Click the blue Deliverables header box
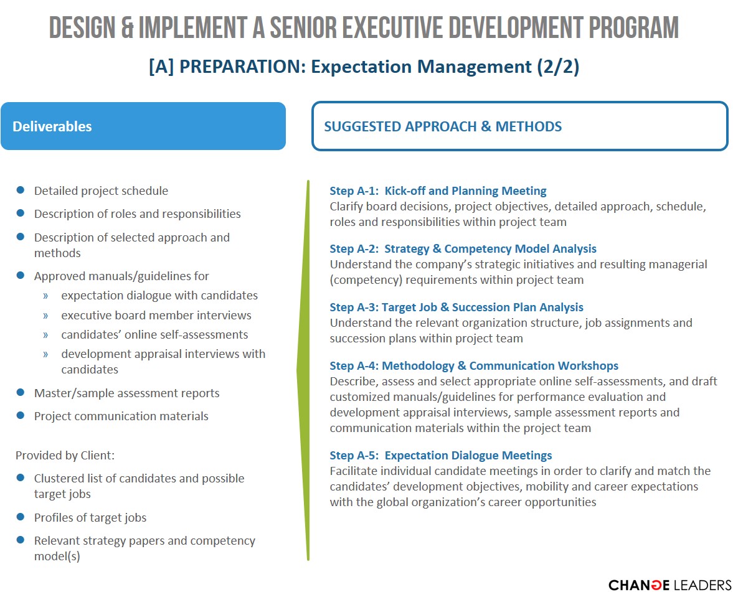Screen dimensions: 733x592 click(x=143, y=126)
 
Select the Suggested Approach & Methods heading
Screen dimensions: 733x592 click(x=443, y=126)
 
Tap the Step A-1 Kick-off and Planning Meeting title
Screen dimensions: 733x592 click(x=438, y=190)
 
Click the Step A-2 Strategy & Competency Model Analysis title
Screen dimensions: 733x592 click(x=463, y=248)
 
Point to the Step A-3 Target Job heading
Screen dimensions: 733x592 click(x=456, y=307)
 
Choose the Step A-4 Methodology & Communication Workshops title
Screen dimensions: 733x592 click(x=474, y=365)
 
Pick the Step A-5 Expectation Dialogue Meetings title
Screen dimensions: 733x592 click(x=441, y=455)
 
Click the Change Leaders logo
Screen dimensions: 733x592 click(x=669, y=585)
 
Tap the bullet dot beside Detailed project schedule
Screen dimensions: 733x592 click(x=20, y=190)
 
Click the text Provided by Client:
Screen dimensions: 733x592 click(x=65, y=456)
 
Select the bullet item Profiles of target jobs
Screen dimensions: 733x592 click(x=90, y=518)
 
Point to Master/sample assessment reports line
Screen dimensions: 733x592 click(x=126, y=393)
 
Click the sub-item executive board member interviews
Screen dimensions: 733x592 click(x=156, y=316)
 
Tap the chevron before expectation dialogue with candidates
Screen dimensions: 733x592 click(x=45, y=296)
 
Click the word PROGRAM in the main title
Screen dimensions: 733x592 click(x=633, y=27)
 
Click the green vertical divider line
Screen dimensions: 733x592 click(x=304, y=370)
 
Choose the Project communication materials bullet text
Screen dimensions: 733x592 click(x=121, y=416)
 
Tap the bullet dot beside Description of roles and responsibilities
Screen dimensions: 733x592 click(x=20, y=213)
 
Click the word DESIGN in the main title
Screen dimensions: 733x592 click(x=82, y=27)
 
